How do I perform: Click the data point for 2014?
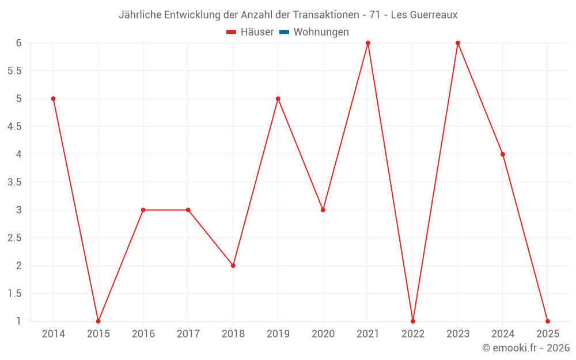(54, 98)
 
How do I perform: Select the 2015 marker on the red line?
(98, 321)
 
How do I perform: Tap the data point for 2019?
(278, 98)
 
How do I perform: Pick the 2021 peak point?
(368, 43)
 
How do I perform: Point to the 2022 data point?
(413, 321)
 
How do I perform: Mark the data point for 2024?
(503, 154)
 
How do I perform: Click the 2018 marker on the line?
(233, 266)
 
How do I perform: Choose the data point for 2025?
(548, 321)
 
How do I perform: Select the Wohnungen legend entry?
(321, 32)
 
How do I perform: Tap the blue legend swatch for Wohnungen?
(284, 32)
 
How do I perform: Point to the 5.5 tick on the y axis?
(14, 71)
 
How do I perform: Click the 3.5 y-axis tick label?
(14, 182)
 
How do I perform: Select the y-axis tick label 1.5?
(14, 293)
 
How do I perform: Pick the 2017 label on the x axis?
(188, 334)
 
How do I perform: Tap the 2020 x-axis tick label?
(323, 334)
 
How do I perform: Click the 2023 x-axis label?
(458, 334)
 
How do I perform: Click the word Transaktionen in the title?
(327, 15)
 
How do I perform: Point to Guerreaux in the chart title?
(433, 15)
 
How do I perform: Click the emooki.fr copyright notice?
(525, 348)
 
